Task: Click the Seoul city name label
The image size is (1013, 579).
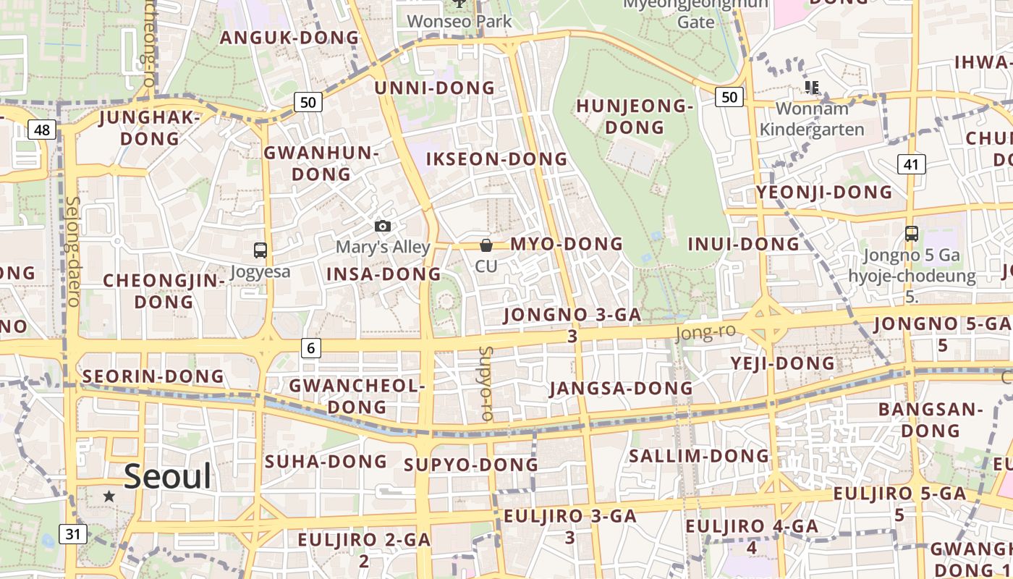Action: point(167,476)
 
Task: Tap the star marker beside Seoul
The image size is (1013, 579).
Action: point(109,496)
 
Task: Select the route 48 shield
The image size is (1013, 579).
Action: point(42,130)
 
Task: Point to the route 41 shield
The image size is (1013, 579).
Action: point(911,164)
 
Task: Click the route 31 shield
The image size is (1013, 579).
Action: point(72,534)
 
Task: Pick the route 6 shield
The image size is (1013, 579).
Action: point(310,348)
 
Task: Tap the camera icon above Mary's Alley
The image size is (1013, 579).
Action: point(383,227)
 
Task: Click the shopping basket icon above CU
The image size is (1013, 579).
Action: point(486,245)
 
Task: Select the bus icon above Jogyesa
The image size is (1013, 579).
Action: point(260,250)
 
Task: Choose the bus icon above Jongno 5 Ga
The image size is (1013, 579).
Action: point(912,234)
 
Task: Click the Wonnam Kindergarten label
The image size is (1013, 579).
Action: point(811,119)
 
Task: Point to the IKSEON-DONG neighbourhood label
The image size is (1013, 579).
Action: point(496,159)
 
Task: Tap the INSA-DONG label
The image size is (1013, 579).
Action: point(383,274)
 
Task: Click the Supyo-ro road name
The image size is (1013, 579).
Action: point(486,384)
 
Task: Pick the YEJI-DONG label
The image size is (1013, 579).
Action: point(783,363)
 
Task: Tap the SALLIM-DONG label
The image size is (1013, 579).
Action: point(698,456)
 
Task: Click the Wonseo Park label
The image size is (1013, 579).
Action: point(459,22)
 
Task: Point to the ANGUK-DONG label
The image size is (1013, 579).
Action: point(289,38)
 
